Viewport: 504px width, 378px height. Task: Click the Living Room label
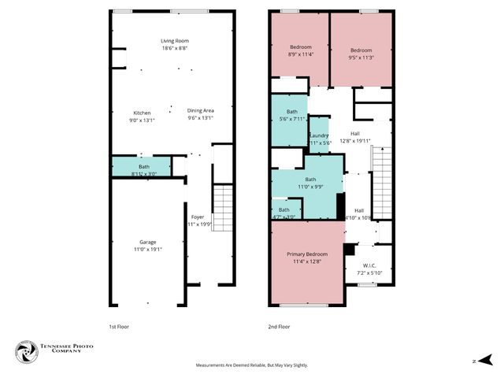click(x=175, y=41)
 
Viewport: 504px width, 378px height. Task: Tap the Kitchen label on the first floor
click(x=143, y=112)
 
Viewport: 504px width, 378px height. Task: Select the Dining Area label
click(x=200, y=110)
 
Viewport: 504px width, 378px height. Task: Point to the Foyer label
click(x=198, y=216)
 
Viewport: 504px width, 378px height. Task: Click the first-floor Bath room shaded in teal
click(x=142, y=167)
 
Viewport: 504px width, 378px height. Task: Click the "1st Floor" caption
click(x=120, y=325)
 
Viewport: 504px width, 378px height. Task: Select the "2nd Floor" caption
click(x=280, y=325)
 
